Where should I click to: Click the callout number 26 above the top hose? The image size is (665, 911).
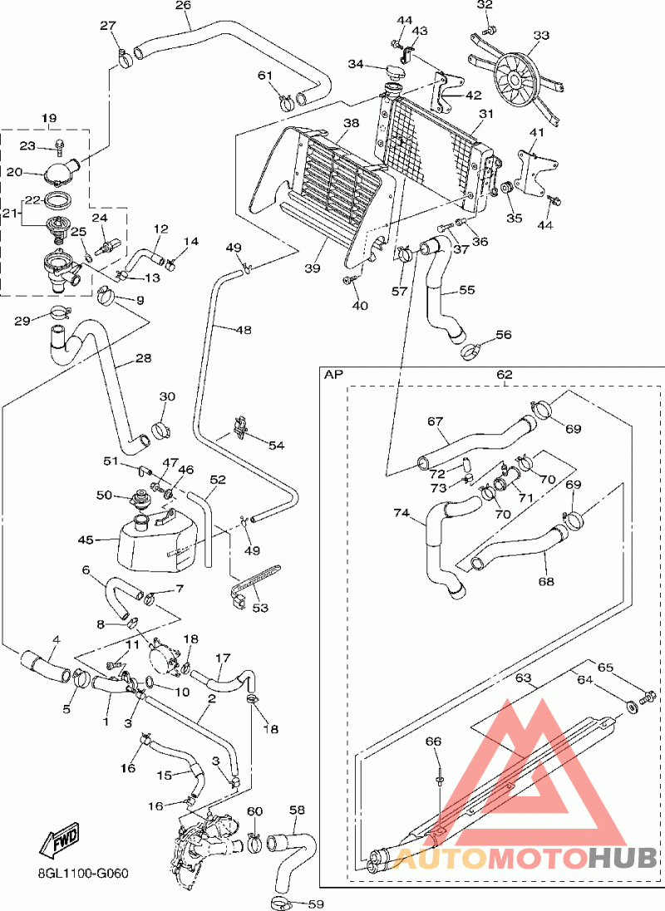coord(183,6)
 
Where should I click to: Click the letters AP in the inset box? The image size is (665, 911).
coord(333,375)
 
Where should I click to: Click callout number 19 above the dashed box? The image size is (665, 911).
coord(49,119)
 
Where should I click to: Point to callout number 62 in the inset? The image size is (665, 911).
coord(505,375)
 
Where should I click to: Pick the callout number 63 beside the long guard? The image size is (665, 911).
coord(523,678)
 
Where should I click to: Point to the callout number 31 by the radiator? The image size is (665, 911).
coord(486,114)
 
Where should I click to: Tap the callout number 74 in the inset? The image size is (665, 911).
coord(402,514)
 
